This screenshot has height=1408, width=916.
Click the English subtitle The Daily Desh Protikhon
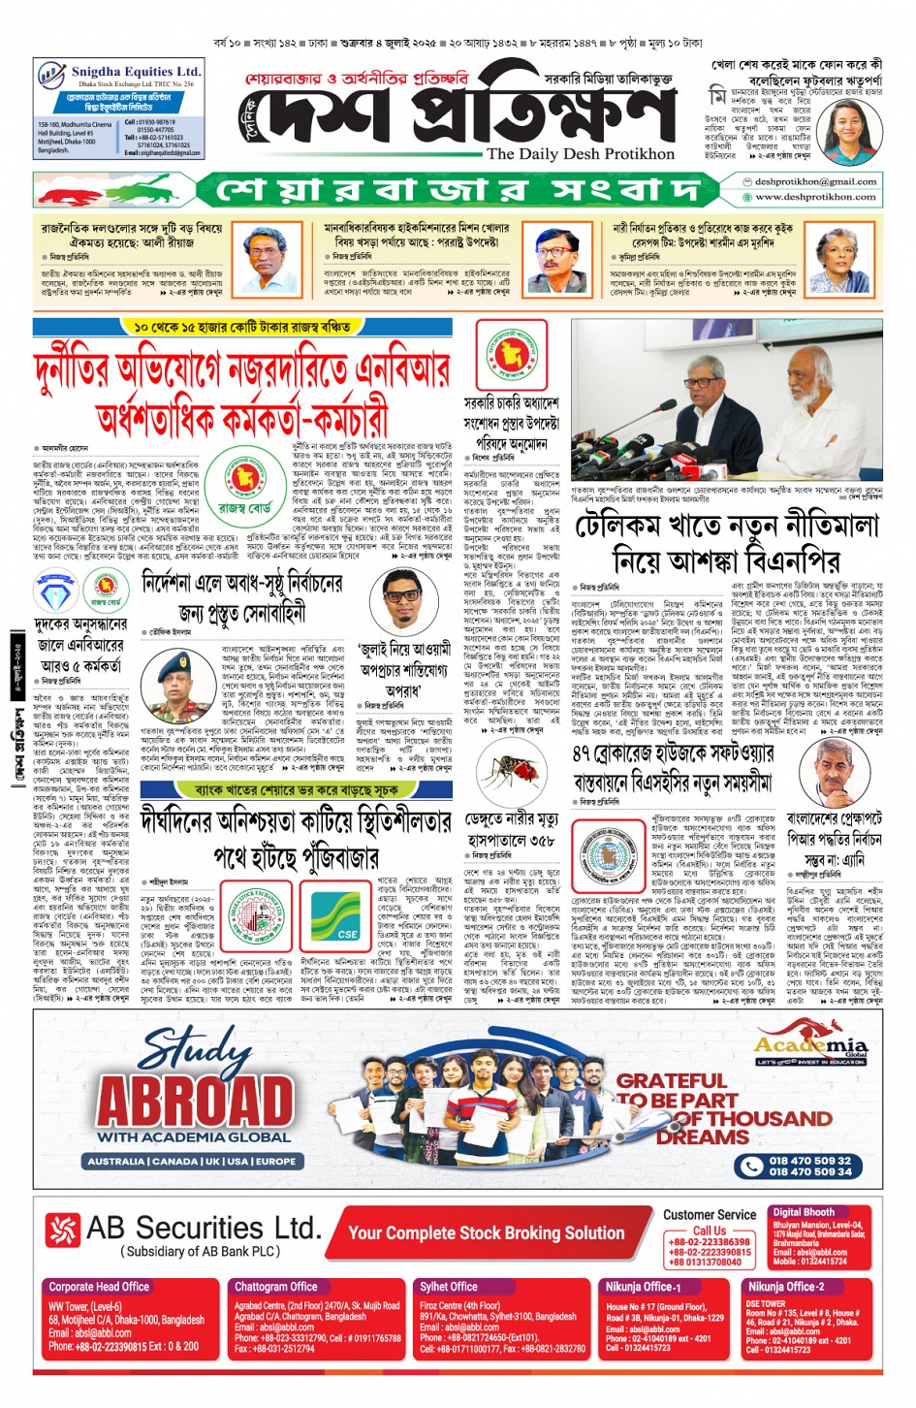pos(580,154)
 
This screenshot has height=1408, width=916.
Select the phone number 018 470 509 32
pos(810,1161)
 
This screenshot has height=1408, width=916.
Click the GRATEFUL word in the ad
pos(672,1081)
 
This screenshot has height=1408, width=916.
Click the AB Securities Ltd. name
pos(203,1229)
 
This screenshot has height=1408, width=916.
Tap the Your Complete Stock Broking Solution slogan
pos(486,1233)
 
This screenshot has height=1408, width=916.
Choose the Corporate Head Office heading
pos(99,1287)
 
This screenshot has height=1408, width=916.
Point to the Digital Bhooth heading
pos(803,1212)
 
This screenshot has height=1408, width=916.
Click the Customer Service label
pos(710,1214)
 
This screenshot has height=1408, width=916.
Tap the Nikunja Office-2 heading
pos(785,1287)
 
